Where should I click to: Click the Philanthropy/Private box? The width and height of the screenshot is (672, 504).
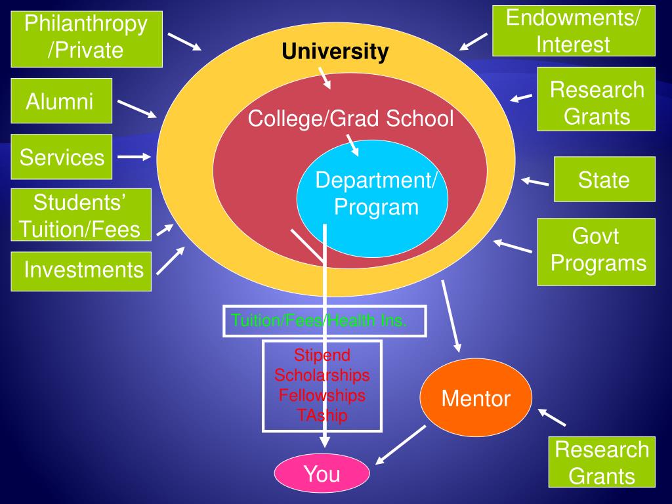pyautogui.click(x=86, y=37)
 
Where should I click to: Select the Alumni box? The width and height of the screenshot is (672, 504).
pyautogui.click(x=61, y=101)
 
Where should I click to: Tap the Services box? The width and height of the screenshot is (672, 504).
pyautogui.click(x=62, y=157)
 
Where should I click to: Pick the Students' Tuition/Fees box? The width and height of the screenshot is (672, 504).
pyautogui.click(x=81, y=215)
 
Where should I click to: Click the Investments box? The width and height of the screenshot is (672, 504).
pyautogui.click(x=81, y=270)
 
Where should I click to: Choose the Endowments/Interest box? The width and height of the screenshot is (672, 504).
pyautogui.click(x=573, y=31)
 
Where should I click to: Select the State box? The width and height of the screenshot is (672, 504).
pyautogui.click(x=604, y=179)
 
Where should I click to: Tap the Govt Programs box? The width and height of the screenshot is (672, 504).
pyautogui.click(x=596, y=251)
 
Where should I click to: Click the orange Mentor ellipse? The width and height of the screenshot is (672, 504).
pyautogui.click(x=476, y=398)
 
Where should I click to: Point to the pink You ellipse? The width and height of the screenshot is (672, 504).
pyautogui.click(x=322, y=474)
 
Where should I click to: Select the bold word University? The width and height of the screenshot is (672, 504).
pyautogui.click(x=335, y=51)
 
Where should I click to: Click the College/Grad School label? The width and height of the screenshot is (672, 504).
pyautogui.click(x=350, y=119)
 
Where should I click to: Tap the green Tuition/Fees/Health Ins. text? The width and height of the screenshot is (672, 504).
pyautogui.click(x=320, y=320)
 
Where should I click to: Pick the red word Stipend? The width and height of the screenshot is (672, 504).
pyautogui.click(x=322, y=355)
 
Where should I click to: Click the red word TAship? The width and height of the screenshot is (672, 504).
pyautogui.click(x=322, y=415)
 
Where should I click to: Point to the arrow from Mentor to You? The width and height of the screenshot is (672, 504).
pyautogui.click(x=400, y=444)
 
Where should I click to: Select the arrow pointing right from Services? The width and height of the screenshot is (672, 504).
pyautogui.click(x=134, y=157)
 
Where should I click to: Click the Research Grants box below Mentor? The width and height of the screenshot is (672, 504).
pyautogui.click(x=602, y=462)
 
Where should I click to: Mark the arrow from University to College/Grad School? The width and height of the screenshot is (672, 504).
pyautogui.click(x=325, y=79)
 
